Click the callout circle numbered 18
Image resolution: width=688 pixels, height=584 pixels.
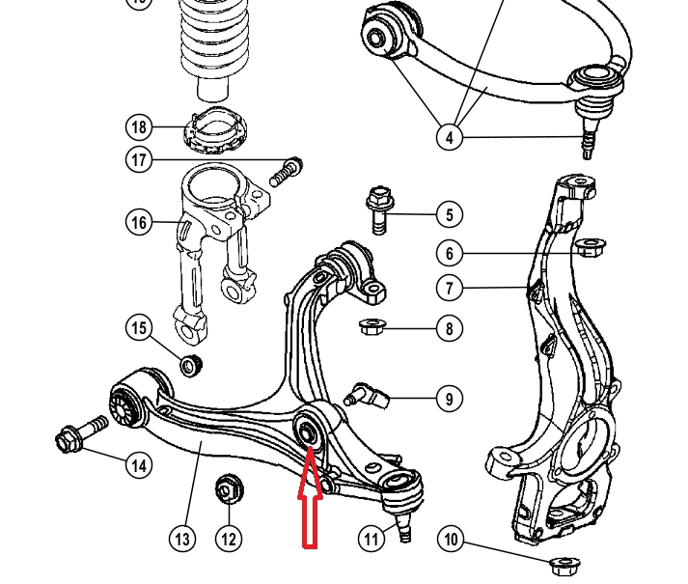click(139, 127)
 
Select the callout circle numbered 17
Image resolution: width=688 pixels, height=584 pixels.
click(139, 159)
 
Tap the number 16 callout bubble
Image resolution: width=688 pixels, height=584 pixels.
click(139, 222)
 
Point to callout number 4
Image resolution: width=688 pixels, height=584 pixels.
click(450, 137)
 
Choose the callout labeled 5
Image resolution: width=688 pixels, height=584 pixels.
click(450, 214)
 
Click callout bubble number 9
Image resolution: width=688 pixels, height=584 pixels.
click(450, 399)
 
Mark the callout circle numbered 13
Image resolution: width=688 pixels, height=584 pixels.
click(182, 539)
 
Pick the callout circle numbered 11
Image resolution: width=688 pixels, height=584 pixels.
click(372, 539)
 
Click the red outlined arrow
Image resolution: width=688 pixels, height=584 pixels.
click(310, 497)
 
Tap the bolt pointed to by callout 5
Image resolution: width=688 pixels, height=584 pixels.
click(379, 210)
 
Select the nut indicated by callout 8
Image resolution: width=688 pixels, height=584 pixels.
click(372, 326)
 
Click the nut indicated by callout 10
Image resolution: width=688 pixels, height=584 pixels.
click(564, 566)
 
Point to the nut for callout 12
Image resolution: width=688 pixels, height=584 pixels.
click(229, 488)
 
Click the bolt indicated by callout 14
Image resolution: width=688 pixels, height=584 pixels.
click(82, 433)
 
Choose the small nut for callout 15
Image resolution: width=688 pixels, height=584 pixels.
click(191, 365)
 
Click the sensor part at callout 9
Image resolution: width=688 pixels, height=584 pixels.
click(367, 395)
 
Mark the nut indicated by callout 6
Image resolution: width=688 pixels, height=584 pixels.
click(591, 248)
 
